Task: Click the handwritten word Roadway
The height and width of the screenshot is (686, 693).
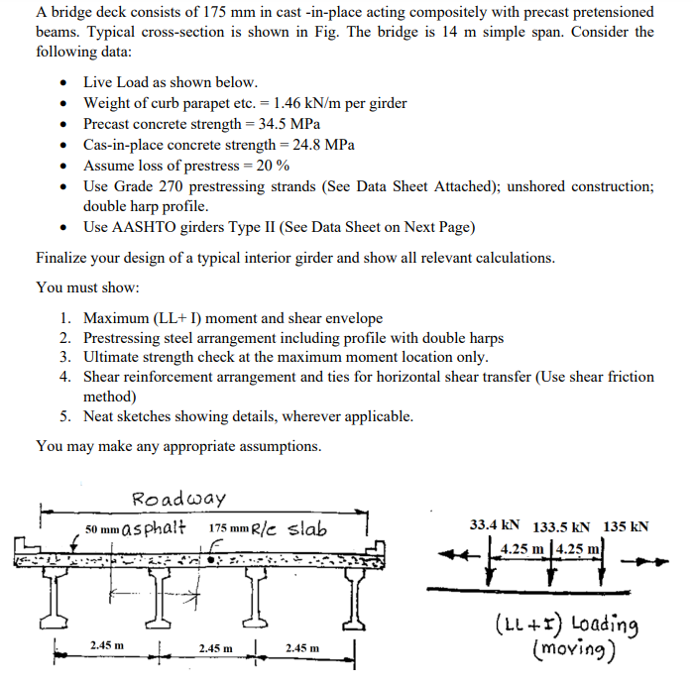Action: (x=178, y=498)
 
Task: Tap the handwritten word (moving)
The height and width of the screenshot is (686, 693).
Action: (x=575, y=650)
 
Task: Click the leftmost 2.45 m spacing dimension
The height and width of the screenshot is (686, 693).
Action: (x=107, y=646)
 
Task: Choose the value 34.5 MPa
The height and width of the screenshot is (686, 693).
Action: (x=289, y=124)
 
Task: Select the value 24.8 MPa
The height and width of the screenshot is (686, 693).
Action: (x=322, y=145)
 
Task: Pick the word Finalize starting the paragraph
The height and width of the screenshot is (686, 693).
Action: (x=64, y=258)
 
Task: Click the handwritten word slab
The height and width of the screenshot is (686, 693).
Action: (x=307, y=527)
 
